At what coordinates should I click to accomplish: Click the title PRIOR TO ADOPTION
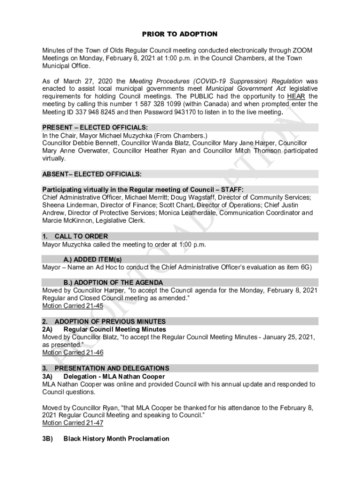[x=180, y=34]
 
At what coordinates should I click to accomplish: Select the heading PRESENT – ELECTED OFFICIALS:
[x=95, y=128]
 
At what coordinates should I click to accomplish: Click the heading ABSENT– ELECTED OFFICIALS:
[x=92, y=174]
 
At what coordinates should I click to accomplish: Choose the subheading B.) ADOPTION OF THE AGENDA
[x=113, y=283]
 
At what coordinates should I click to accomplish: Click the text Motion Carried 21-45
[x=72, y=306]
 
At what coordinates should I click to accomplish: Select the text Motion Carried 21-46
[x=72, y=353]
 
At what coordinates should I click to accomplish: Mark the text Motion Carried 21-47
[x=72, y=423]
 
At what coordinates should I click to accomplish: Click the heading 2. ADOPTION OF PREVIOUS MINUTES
[x=103, y=322]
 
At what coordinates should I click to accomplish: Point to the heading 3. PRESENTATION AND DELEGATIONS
[x=106, y=368]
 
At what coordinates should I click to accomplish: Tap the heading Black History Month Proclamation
[x=116, y=439]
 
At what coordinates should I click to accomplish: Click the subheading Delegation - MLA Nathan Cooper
[x=114, y=376]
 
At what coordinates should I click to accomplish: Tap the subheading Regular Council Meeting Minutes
[x=115, y=329]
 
